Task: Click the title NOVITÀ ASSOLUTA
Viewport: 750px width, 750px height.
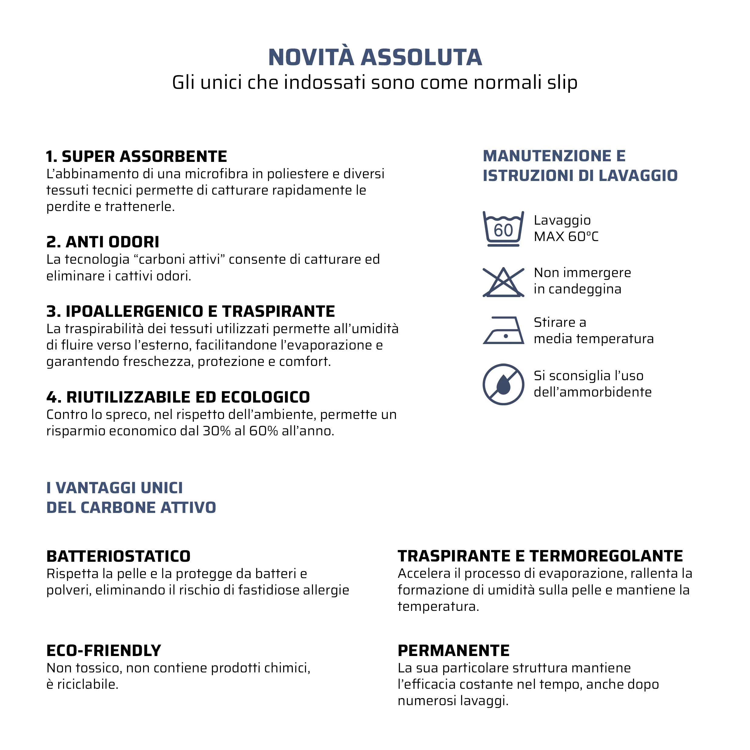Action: tap(375, 58)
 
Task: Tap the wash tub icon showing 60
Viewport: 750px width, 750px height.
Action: tap(503, 229)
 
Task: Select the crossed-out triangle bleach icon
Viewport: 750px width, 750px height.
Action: tap(503, 283)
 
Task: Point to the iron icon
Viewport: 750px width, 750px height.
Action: tap(504, 330)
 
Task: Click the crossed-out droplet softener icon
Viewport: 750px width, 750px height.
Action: tap(503, 384)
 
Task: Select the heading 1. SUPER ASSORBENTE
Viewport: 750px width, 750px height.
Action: tap(136, 156)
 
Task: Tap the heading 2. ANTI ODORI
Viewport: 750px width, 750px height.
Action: tap(102, 242)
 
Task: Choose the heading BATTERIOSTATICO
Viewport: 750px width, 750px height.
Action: tap(119, 556)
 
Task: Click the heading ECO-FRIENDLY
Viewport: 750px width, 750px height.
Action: tap(104, 651)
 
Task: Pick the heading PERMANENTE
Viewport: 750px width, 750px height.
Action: tap(454, 651)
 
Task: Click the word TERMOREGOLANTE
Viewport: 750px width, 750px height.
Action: tap(606, 556)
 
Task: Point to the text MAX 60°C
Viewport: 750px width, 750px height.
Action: tap(566, 236)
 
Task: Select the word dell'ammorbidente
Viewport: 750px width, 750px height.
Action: tap(592, 392)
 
